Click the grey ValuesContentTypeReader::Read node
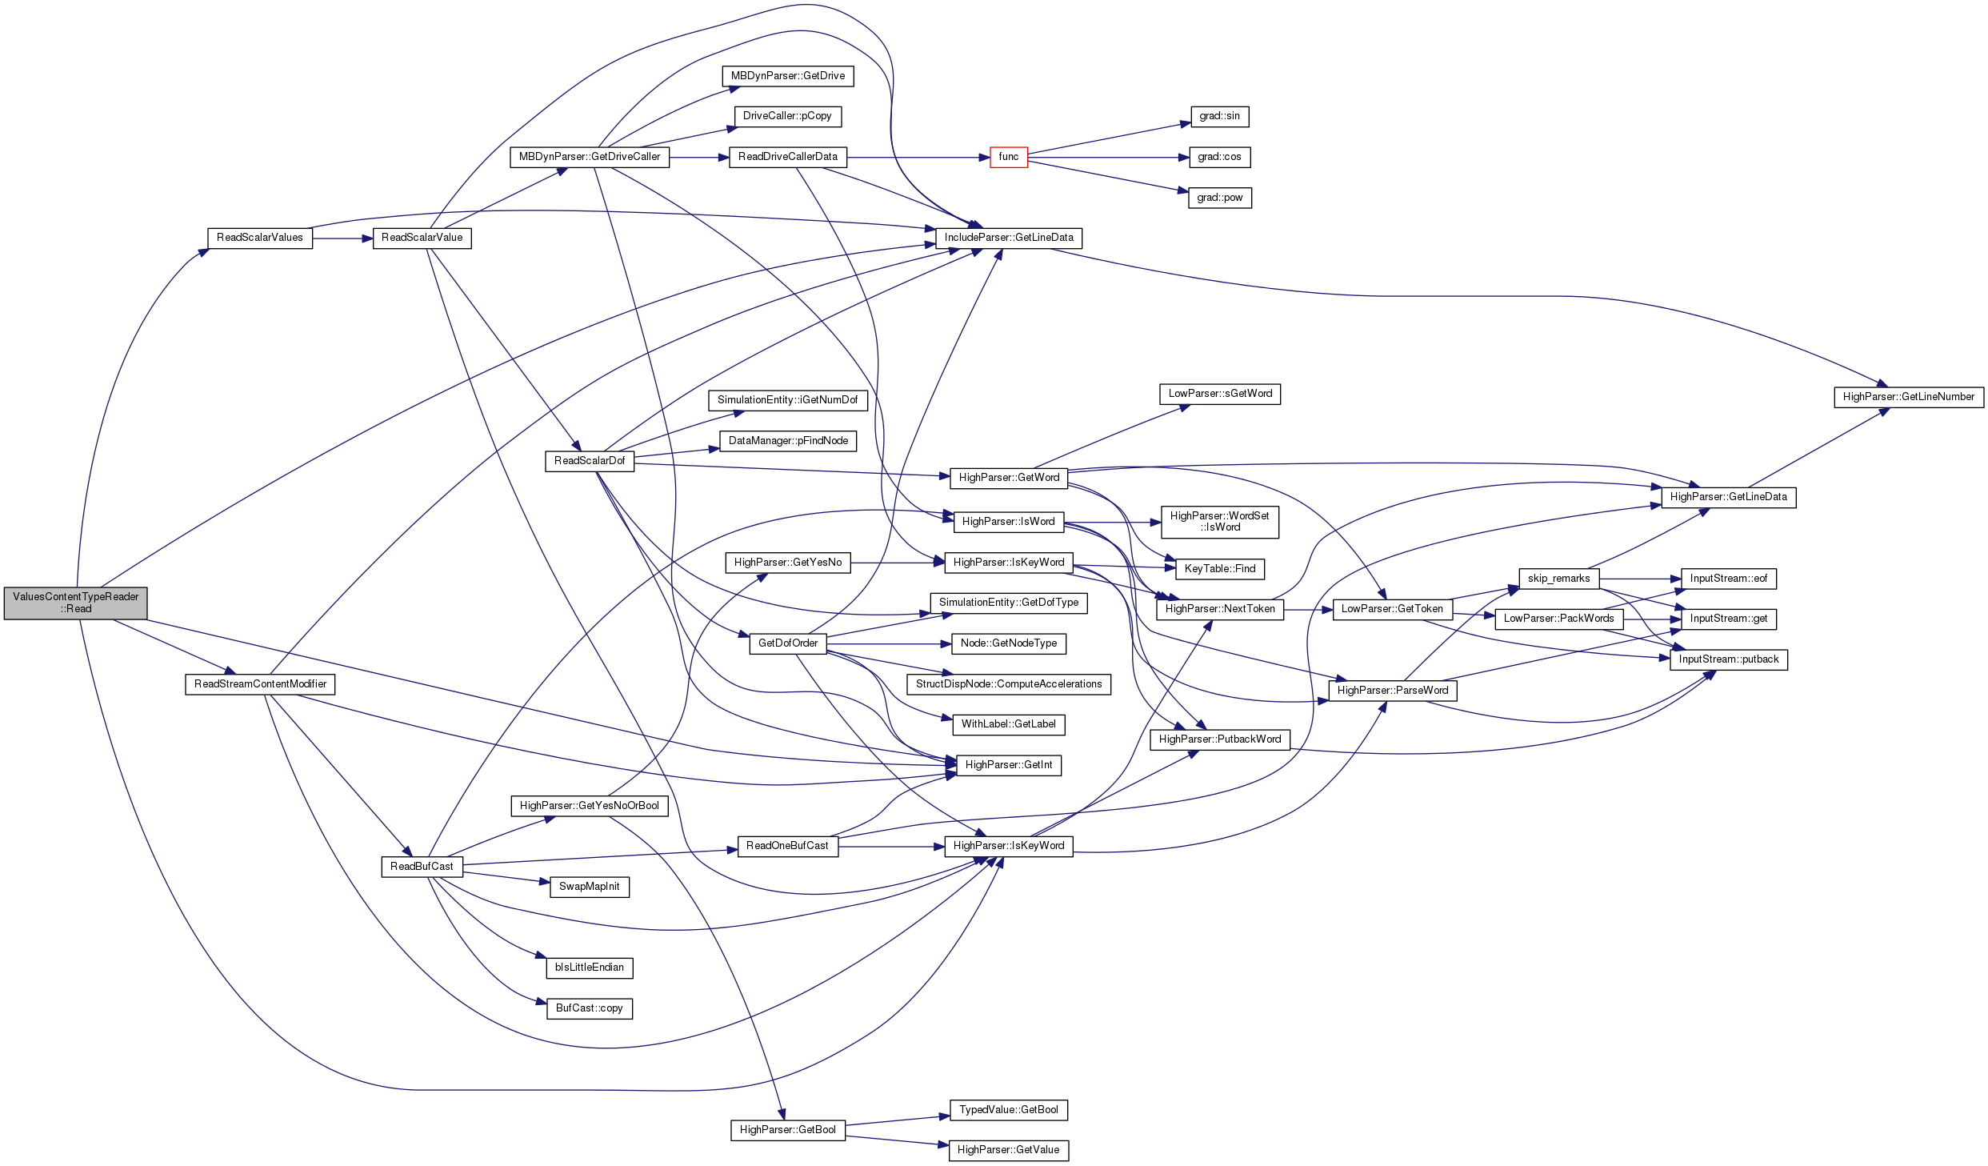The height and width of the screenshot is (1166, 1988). (75, 603)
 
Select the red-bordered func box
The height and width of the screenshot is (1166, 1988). (1008, 157)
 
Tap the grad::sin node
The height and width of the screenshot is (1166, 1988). (1219, 116)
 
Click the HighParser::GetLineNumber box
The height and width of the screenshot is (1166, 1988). (1908, 397)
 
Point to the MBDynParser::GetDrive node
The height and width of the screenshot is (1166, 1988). (787, 76)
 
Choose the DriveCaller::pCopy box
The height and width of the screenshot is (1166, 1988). (787, 116)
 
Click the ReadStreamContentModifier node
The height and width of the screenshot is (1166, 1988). (260, 684)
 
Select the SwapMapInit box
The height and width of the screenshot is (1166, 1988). (589, 887)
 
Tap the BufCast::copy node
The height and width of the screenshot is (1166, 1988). (589, 1008)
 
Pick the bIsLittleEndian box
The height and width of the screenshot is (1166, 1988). (589, 968)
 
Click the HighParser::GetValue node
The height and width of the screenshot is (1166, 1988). (1008, 1150)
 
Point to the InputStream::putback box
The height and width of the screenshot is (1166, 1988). (1728, 659)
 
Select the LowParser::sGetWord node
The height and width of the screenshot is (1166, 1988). (1219, 394)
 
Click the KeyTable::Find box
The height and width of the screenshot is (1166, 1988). (1219, 569)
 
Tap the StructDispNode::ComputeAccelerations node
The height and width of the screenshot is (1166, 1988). (1008, 684)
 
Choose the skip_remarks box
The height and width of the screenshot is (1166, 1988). (1558, 579)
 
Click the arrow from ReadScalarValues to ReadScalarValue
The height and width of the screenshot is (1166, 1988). (342, 238)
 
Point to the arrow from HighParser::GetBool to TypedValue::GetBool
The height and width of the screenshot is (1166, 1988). (896, 1121)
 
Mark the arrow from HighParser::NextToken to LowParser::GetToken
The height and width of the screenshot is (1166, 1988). (1308, 610)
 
